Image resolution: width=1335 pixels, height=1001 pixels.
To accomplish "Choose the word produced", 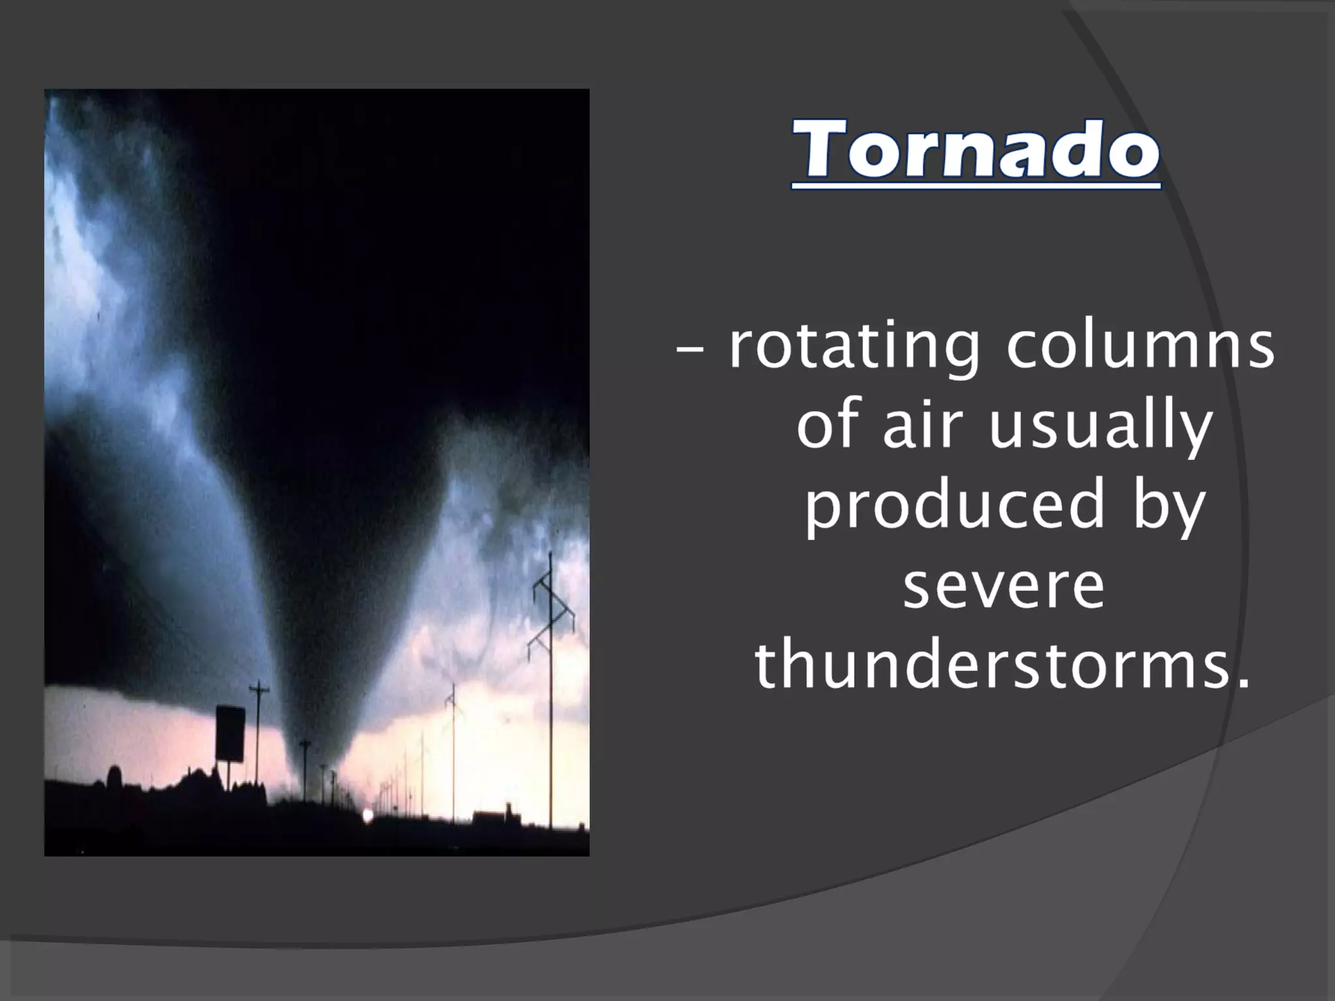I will (x=955, y=506).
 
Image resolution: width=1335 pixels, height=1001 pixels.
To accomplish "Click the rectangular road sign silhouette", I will (x=230, y=733).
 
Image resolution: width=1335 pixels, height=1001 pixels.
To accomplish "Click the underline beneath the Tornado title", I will (x=976, y=188).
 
